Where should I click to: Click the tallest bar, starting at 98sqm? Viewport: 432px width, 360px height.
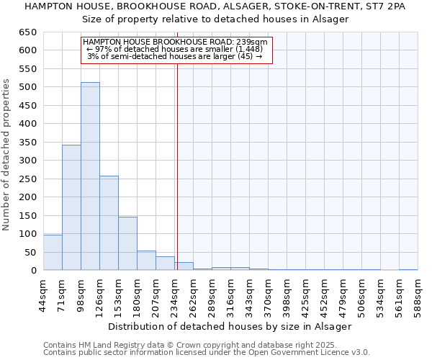(90, 176)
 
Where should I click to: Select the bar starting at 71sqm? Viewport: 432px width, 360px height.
(71, 207)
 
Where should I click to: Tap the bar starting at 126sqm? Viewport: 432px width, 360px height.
(109, 223)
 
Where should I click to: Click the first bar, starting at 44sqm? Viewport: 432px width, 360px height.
(53, 253)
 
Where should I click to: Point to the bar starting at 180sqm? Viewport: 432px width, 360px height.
(146, 261)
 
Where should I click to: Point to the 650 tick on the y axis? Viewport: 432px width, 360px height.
(27, 32)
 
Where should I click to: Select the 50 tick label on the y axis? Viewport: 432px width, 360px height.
(30, 253)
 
